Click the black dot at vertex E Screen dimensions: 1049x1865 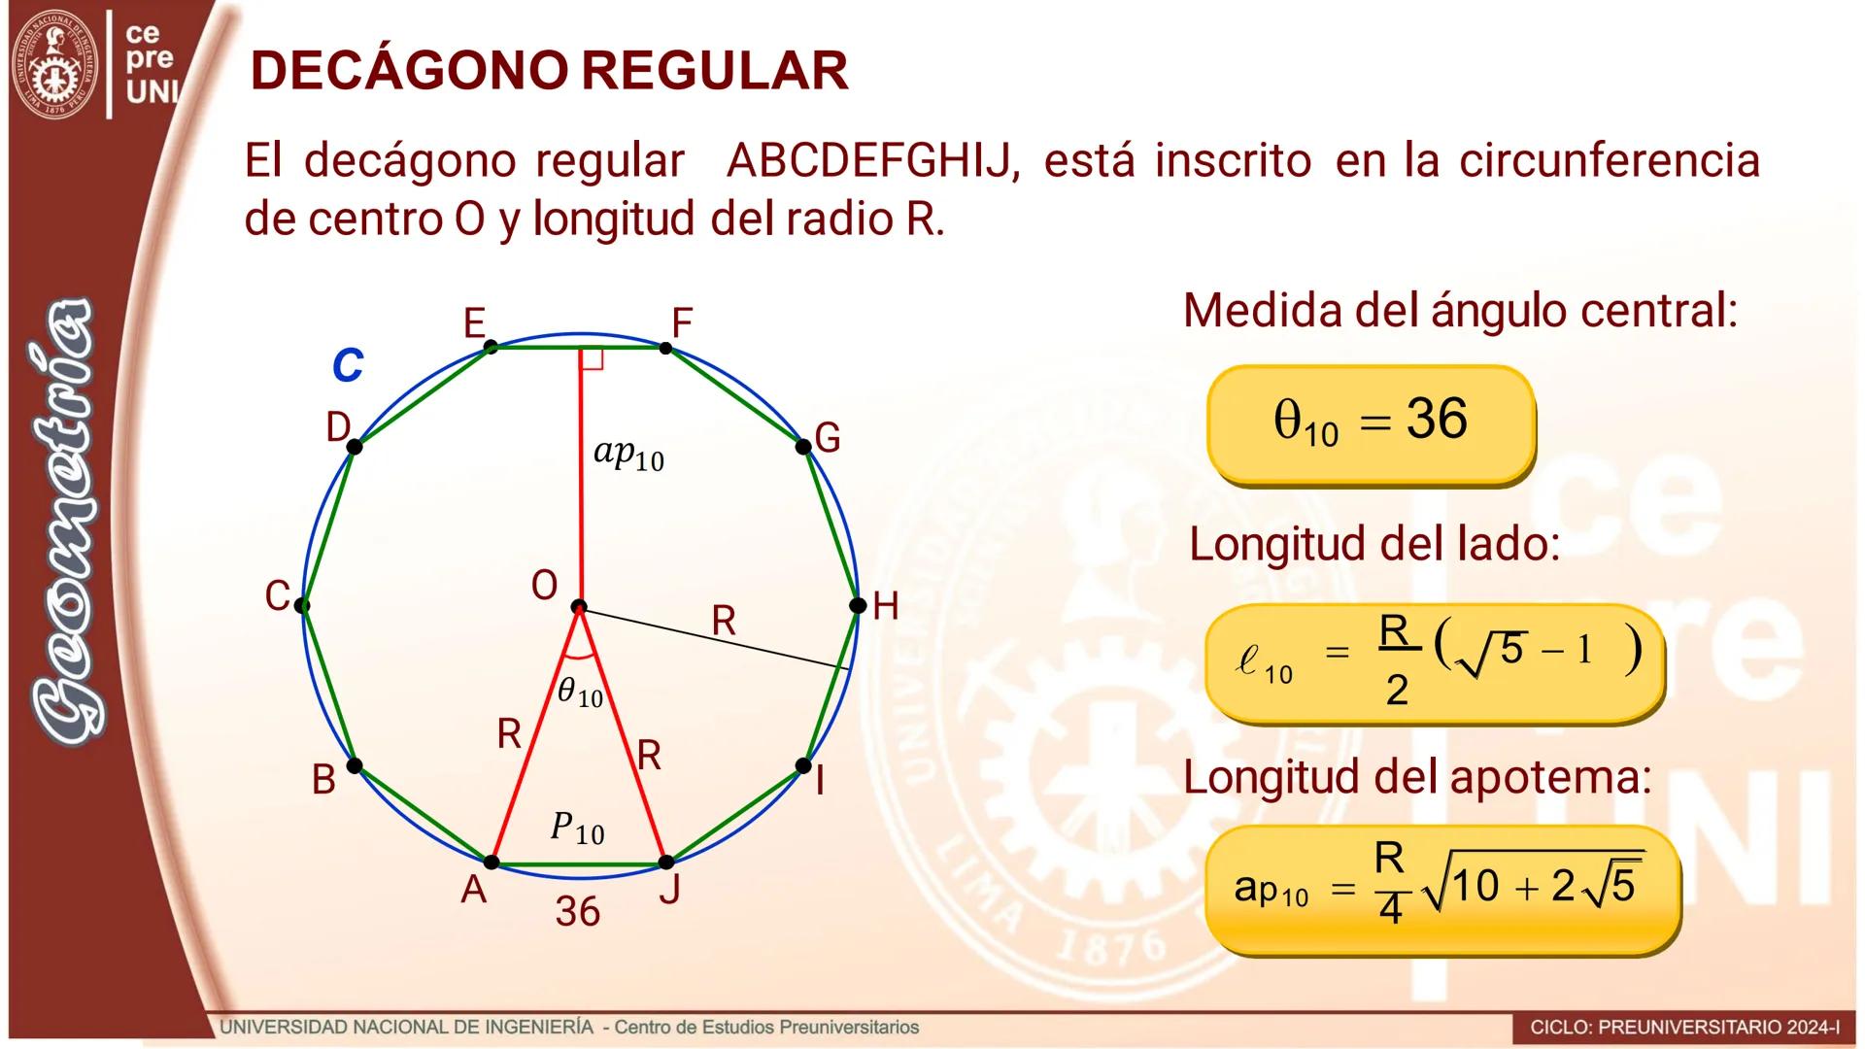click(491, 347)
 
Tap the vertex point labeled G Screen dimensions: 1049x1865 click(803, 447)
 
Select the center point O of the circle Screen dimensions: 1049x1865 click(579, 607)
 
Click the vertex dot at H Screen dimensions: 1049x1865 click(857, 605)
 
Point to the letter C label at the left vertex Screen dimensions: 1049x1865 click(277, 596)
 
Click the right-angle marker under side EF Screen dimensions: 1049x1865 click(592, 358)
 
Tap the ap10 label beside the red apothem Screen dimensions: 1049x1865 click(628, 455)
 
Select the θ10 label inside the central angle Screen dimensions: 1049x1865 click(580, 693)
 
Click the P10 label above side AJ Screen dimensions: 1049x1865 click(577, 829)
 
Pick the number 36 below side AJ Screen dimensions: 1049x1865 click(577, 911)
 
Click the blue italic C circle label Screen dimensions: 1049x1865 click(347, 366)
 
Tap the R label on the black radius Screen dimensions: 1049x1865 click(724, 621)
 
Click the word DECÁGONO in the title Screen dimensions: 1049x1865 click(409, 71)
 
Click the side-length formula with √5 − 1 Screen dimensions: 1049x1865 click(1433, 661)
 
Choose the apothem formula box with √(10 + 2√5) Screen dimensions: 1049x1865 click(1441, 888)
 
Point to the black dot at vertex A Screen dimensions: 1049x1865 click(492, 863)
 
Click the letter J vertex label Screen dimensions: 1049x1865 click(669, 889)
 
